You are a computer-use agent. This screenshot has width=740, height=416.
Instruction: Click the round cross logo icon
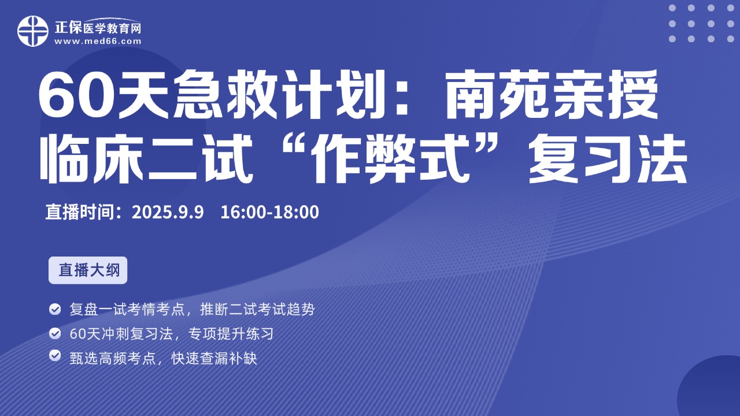click(x=33, y=31)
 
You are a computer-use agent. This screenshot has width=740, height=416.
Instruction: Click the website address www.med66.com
click(x=98, y=41)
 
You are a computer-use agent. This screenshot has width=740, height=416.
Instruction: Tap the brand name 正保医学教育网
click(x=98, y=28)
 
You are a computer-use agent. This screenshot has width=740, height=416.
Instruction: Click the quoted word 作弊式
click(x=390, y=159)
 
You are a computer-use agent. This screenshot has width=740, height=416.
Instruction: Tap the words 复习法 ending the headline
click(x=608, y=159)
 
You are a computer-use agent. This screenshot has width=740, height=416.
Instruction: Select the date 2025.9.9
click(x=168, y=212)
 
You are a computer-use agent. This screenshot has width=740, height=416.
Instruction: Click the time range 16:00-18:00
click(x=269, y=212)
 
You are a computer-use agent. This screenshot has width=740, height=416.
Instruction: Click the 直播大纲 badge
click(x=88, y=270)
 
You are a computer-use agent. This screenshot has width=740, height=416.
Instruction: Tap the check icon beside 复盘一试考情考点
click(x=55, y=309)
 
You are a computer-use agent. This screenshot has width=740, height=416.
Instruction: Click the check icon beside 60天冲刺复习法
click(x=55, y=333)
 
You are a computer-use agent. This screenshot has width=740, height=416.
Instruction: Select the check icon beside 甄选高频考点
click(x=55, y=355)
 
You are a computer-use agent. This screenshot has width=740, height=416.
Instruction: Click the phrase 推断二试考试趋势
click(x=257, y=310)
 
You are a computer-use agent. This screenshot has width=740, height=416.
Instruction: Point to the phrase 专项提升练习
click(x=231, y=334)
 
